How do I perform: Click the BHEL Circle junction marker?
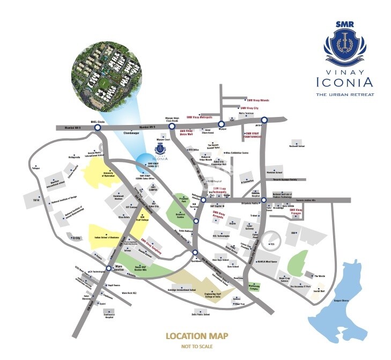[97, 128]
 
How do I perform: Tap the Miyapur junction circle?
[220, 124]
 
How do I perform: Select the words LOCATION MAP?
[197, 336]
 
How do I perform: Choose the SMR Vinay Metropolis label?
[200, 116]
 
